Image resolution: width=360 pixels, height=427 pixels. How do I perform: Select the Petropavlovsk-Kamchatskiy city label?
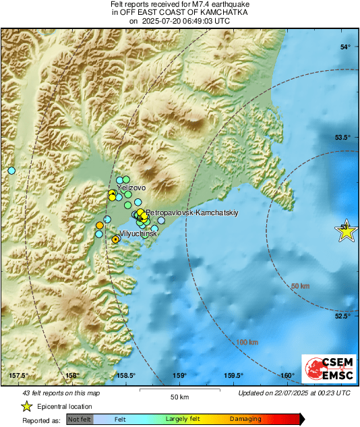[189, 212]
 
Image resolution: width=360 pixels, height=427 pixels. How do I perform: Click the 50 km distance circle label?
[301, 287]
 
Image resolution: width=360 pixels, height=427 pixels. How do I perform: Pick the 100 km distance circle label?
[247, 342]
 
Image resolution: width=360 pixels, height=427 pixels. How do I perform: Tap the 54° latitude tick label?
[346, 47]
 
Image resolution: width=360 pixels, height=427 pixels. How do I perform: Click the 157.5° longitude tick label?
[18, 376]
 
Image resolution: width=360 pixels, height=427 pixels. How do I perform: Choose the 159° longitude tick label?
[179, 376]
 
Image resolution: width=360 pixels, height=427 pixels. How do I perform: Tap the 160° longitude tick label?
[287, 376]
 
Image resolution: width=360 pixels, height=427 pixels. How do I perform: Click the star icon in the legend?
[27, 406]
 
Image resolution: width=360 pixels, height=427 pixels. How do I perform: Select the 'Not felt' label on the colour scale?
[80, 419]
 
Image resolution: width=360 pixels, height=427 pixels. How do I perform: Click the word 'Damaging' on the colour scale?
[245, 419]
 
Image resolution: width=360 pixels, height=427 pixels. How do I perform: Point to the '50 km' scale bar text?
[178, 396]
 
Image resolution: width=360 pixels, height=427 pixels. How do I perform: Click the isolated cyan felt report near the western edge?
[11, 171]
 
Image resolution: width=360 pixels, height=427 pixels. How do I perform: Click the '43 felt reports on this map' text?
[61, 393]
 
